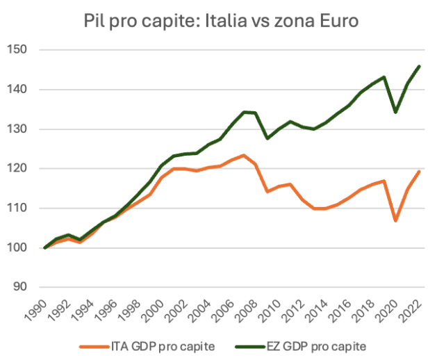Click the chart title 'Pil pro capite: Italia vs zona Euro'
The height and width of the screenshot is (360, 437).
click(218, 21)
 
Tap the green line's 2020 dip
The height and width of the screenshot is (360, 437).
click(396, 112)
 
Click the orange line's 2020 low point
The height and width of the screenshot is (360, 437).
click(396, 221)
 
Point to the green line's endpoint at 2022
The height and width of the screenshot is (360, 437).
click(419, 66)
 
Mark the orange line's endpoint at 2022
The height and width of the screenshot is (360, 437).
click(419, 171)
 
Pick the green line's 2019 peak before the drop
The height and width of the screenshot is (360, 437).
click(384, 77)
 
